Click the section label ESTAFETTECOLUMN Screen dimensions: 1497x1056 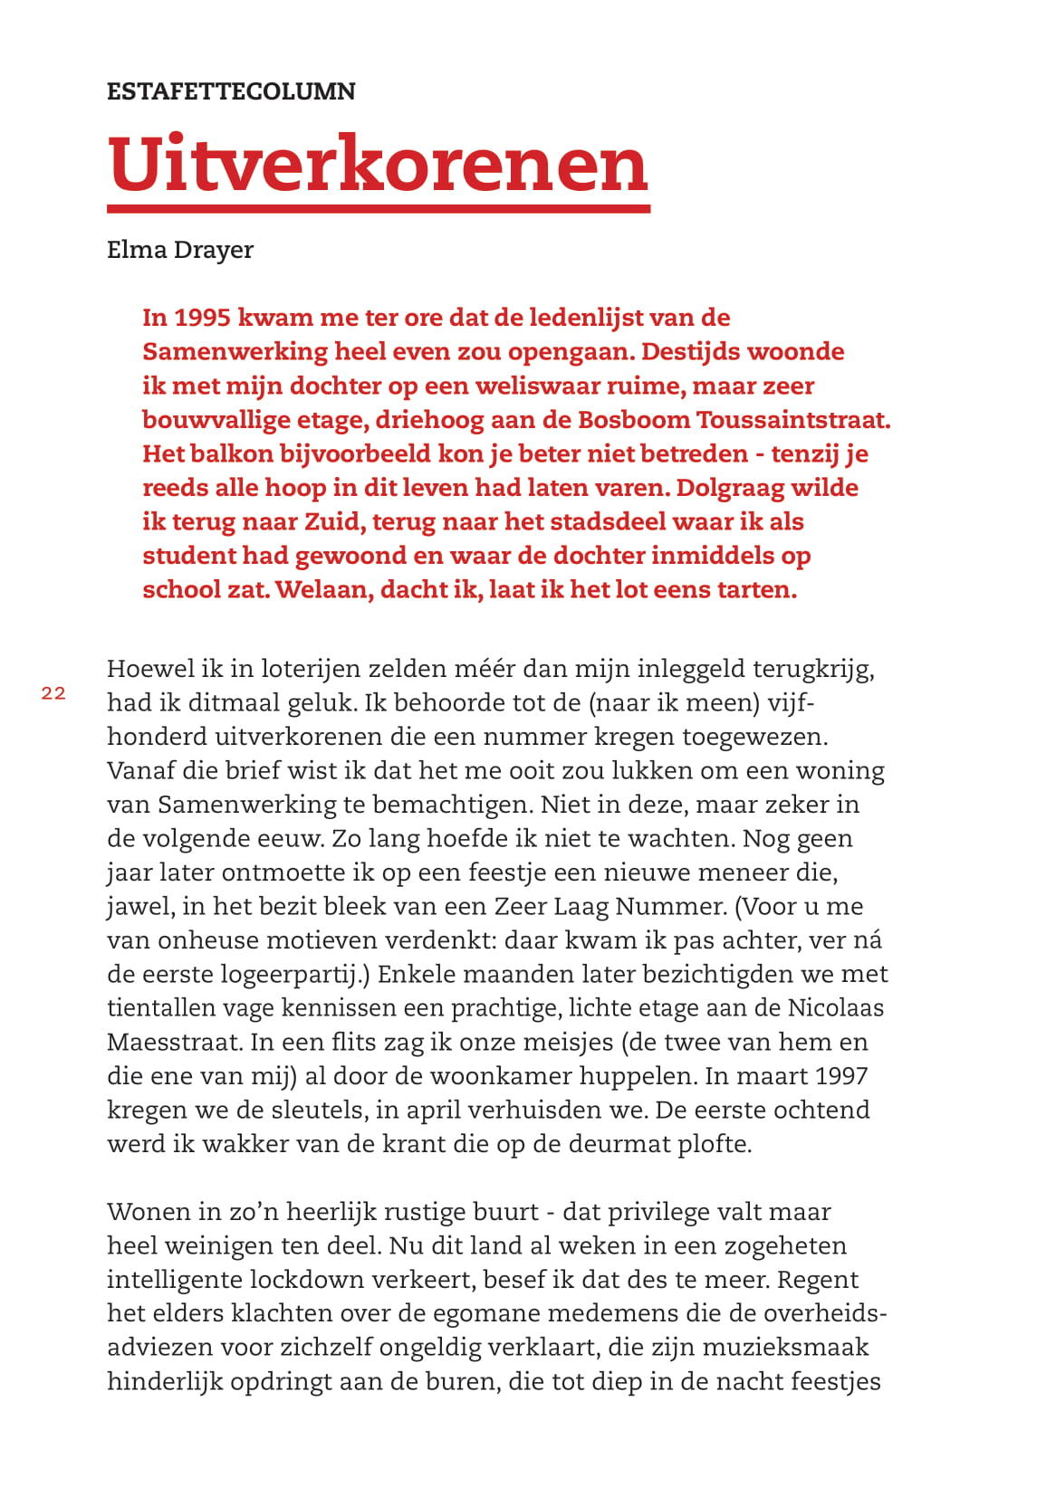click(231, 91)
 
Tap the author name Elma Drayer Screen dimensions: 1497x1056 click(180, 250)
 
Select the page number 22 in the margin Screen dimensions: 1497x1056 click(53, 693)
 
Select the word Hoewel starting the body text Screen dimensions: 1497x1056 click(149, 669)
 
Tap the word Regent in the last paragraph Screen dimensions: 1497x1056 click(818, 1280)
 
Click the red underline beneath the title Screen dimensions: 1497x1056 click(379, 209)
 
